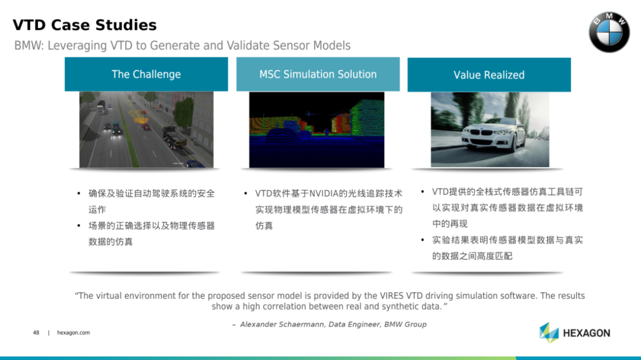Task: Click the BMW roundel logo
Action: point(609,32)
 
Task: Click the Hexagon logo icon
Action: point(549,332)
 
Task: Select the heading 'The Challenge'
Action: point(146,74)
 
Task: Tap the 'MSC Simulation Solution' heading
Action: point(318,74)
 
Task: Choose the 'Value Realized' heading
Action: point(489,75)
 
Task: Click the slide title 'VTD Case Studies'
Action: point(85,25)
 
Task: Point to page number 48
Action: point(36,333)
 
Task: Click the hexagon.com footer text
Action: point(73,333)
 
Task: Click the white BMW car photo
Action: point(490,129)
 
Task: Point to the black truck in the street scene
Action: point(174,137)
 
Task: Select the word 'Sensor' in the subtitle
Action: point(292,45)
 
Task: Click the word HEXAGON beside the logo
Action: point(586,333)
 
